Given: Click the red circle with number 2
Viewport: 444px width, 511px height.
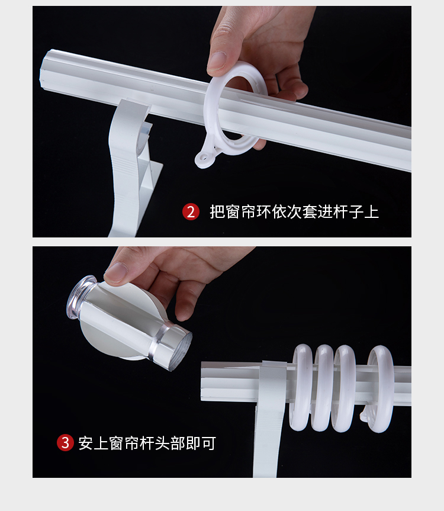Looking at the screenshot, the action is [191, 212].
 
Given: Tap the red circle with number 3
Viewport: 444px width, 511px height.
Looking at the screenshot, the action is [66, 443].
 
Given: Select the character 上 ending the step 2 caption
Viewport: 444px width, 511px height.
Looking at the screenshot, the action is [372, 212].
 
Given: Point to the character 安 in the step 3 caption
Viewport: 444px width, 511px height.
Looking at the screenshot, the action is [86, 443].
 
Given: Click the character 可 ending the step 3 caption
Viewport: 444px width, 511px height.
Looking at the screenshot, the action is [208, 443].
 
